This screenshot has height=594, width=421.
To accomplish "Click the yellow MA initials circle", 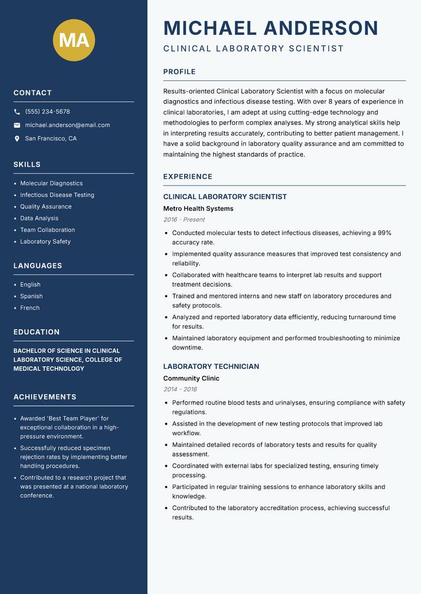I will [74, 40].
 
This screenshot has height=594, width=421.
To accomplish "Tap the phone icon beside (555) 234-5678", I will [17, 112].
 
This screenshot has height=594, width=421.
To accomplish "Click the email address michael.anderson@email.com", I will [67, 125].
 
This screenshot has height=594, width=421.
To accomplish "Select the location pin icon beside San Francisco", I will [17, 139].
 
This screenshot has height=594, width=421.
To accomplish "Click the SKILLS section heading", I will [27, 165].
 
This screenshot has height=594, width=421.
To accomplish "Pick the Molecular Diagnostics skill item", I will [52, 183].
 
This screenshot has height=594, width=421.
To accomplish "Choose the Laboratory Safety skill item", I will [45, 242].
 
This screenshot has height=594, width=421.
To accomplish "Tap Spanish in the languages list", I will [32, 296].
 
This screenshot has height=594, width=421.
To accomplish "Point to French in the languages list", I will [30, 308].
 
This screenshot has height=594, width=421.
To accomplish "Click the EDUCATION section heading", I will [37, 332].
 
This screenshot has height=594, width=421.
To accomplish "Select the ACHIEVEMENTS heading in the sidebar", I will [45, 397].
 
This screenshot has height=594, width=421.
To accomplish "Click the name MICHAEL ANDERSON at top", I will [271, 28].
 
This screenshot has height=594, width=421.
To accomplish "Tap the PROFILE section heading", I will [179, 72].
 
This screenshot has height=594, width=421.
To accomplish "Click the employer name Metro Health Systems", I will [198, 209].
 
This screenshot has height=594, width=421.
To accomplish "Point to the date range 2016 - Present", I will [184, 220].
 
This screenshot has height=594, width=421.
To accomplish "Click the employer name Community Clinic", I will [192, 378].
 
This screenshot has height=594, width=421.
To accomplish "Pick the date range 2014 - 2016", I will [180, 390].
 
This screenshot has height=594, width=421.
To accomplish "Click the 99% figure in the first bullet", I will [385, 233].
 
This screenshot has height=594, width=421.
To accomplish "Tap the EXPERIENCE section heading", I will [188, 177].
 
